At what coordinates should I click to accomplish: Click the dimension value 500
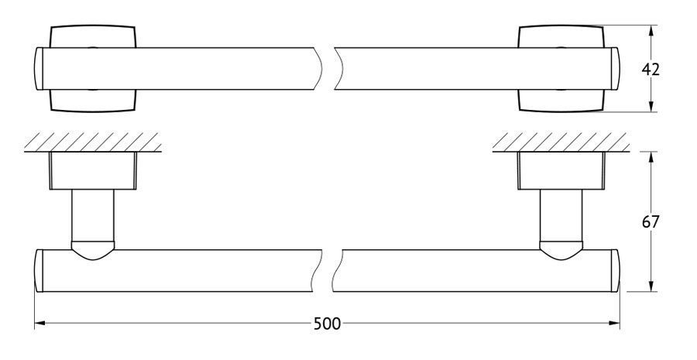coord(327,324)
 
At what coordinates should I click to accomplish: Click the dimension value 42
coord(651,70)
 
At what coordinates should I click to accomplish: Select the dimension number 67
coord(651,221)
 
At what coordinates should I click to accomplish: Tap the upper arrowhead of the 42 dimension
coord(651,31)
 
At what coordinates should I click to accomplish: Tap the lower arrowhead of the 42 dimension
coord(651,106)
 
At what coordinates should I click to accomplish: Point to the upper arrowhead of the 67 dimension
coord(651,157)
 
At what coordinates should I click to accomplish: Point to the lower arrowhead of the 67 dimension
coord(651,286)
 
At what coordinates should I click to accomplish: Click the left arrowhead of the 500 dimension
coord(40,323)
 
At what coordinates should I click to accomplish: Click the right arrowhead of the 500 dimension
coord(614,323)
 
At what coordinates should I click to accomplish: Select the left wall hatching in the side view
coord(92,142)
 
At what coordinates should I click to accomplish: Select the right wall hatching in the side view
coord(561,142)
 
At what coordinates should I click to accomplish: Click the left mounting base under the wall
coord(93,170)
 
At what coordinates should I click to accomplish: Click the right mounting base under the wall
coord(561,170)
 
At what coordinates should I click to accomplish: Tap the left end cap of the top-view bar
coord(38,68)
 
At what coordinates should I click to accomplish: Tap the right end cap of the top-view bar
coord(615,68)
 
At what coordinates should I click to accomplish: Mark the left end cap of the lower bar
coord(38,271)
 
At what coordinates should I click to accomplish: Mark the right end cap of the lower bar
coord(615,271)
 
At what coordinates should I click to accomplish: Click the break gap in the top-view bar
coord(328,68)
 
